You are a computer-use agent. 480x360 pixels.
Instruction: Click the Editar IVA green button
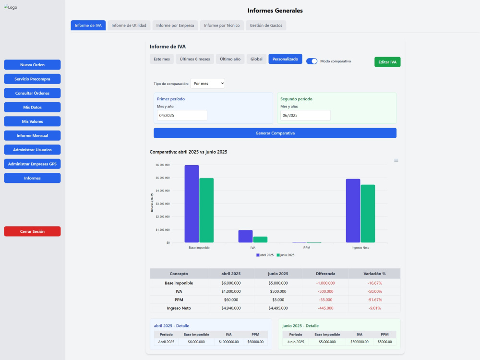(x=387, y=62)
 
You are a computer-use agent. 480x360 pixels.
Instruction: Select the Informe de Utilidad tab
(x=129, y=25)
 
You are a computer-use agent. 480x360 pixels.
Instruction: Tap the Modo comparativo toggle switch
(x=312, y=61)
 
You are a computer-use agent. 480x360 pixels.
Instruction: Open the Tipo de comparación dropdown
(x=207, y=84)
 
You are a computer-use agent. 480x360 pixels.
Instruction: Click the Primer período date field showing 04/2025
(x=182, y=115)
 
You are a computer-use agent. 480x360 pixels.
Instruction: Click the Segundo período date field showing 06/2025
(x=305, y=115)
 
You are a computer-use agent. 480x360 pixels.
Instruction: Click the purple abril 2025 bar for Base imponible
(x=192, y=204)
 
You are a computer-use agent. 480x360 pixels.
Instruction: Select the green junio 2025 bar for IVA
(x=260, y=240)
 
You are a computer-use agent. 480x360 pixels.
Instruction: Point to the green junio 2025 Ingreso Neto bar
(x=368, y=214)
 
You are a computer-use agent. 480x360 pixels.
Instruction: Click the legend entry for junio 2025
(x=285, y=255)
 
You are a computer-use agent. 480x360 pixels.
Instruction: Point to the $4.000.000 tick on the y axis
(x=163, y=191)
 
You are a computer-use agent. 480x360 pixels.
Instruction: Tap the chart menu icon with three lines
(x=396, y=160)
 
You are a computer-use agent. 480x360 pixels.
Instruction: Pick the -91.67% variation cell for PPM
(x=375, y=300)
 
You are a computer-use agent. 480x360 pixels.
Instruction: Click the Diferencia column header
(x=325, y=274)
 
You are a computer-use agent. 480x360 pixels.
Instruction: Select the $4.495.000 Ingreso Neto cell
(x=278, y=308)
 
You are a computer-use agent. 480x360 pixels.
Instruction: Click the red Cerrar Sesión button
(x=32, y=231)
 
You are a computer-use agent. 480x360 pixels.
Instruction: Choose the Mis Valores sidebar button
(x=32, y=121)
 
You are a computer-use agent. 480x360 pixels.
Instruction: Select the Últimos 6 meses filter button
(x=195, y=59)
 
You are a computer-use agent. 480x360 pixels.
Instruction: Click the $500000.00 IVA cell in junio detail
(x=360, y=342)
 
